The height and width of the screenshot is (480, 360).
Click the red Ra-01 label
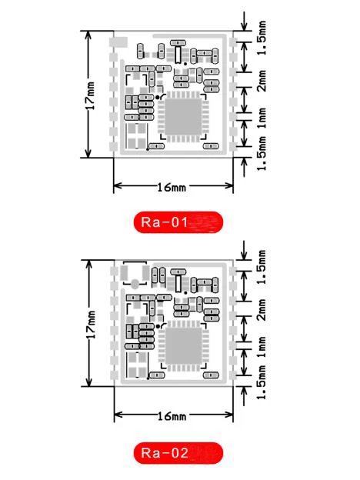[178, 222]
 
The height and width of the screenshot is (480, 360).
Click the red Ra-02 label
[178, 453]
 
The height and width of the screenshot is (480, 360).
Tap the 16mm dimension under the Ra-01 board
[172, 187]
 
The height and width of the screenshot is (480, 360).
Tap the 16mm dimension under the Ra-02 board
[172, 416]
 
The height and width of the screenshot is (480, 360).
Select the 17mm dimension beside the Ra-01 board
[90, 95]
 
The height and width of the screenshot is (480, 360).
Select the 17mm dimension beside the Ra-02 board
[91, 325]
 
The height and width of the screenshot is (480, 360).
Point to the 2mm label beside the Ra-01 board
[262, 81]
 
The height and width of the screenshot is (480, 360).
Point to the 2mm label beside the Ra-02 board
[262, 310]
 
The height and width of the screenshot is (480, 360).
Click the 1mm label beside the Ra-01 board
[262, 118]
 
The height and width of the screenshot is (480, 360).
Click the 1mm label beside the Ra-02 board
[262, 347]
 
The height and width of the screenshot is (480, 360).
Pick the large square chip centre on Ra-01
[183, 117]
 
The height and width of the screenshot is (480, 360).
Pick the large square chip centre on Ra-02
[183, 346]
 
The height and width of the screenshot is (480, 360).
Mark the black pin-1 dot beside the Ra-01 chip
[158, 98]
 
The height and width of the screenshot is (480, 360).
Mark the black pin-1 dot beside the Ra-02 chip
[158, 326]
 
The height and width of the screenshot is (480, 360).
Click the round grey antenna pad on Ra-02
[135, 284]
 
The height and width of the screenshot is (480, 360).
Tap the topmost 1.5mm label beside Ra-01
[262, 38]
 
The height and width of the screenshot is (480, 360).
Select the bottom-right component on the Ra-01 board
[211, 146]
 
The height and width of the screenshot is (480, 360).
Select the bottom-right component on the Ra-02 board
[211, 375]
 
